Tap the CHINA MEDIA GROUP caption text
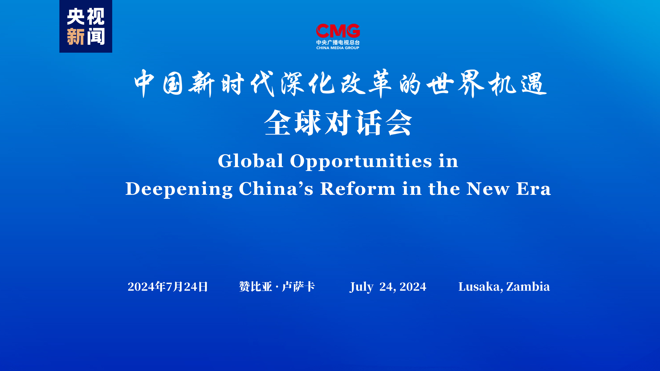[x=338, y=48]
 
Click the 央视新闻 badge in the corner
[x=86, y=26]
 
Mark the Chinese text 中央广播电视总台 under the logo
[x=338, y=43]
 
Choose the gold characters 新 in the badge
[x=76, y=37]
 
